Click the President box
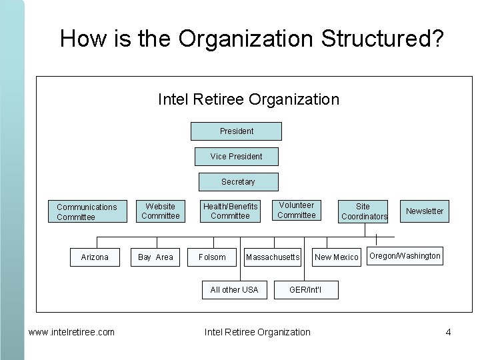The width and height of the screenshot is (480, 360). click(x=236, y=131)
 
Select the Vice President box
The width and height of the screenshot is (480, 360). click(x=236, y=157)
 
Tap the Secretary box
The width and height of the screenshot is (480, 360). click(x=238, y=182)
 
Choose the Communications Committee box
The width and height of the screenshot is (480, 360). click(x=86, y=212)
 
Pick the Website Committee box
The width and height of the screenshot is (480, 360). click(x=160, y=211)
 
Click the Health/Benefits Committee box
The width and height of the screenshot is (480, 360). click(x=230, y=211)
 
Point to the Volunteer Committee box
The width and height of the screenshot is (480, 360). click(x=296, y=211)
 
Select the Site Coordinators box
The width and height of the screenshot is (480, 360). click(x=363, y=211)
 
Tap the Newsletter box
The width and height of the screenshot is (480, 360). click(x=425, y=211)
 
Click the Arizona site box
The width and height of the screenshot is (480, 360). click(x=95, y=257)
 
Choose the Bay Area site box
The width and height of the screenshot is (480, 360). click(x=155, y=257)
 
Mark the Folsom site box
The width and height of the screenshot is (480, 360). click(x=212, y=257)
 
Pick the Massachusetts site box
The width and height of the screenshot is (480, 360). click(x=273, y=257)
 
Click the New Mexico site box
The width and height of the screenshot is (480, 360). click(x=337, y=257)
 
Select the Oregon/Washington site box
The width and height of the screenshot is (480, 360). click(x=405, y=256)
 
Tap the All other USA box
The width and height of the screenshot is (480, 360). click(x=234, y=289)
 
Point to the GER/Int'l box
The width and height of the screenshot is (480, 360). click(x=306, y=289)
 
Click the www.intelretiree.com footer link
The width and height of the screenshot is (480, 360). click(x=71, y=332)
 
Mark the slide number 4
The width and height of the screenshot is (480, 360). click(x=449, y=332)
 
